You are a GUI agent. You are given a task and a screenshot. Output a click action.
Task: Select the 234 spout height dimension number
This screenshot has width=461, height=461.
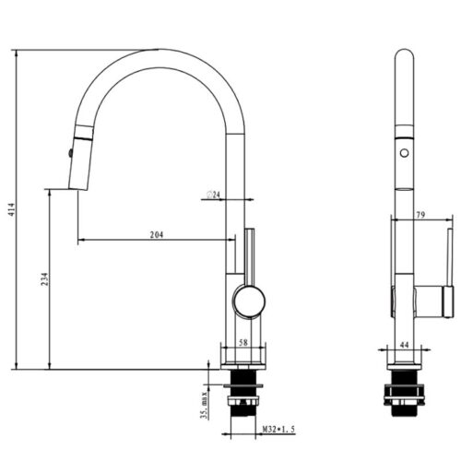pos(36,279)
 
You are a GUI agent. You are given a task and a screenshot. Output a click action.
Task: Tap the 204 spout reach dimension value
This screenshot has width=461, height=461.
pos(156,236)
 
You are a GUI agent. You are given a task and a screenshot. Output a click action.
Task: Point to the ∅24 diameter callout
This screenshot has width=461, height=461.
pos(211,195)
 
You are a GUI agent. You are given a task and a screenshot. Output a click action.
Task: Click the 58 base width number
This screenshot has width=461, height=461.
pos(242,342)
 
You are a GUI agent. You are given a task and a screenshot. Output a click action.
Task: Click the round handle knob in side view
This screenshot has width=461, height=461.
pos(248,300)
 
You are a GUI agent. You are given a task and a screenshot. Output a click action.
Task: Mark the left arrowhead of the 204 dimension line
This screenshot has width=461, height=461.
pos(80,242)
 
